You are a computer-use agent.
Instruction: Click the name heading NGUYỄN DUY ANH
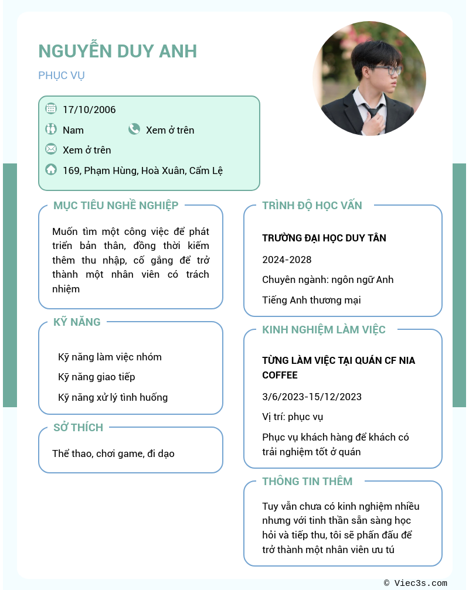(x=117, y=51)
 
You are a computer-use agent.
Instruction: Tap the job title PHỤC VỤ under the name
(x=62, y=76)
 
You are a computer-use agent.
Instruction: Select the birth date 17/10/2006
(x=89, y=110)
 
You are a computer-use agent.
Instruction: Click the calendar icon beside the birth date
(x=51, y=108)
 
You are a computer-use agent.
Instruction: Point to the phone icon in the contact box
(x=134, y=129)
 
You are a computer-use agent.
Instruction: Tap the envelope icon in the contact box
(x=51, y=149)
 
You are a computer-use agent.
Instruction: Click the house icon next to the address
(x=51, y=170)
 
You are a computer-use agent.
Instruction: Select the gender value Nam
(x=73, y=130)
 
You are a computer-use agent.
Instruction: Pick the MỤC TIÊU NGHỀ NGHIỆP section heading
(x=115, y=205)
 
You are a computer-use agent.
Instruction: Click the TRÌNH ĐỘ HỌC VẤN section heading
(x=312, y=205)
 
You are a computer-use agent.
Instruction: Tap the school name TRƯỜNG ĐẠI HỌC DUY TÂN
(x=324, y=238)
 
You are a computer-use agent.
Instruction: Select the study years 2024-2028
(x=287, y=260)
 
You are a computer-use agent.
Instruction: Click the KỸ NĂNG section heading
(x=77, y=322)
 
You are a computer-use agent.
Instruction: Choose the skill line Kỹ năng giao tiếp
(x=97, y=377)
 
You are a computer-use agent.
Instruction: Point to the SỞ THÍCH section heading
(x=78, y=427)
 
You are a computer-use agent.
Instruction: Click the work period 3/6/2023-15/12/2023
(x=312, y=397)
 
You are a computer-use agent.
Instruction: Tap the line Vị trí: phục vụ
(x=293, y=417)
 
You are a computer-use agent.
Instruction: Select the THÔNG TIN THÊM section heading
(x=307, y=481)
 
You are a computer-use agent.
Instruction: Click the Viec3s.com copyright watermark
(x=416, y=583)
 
